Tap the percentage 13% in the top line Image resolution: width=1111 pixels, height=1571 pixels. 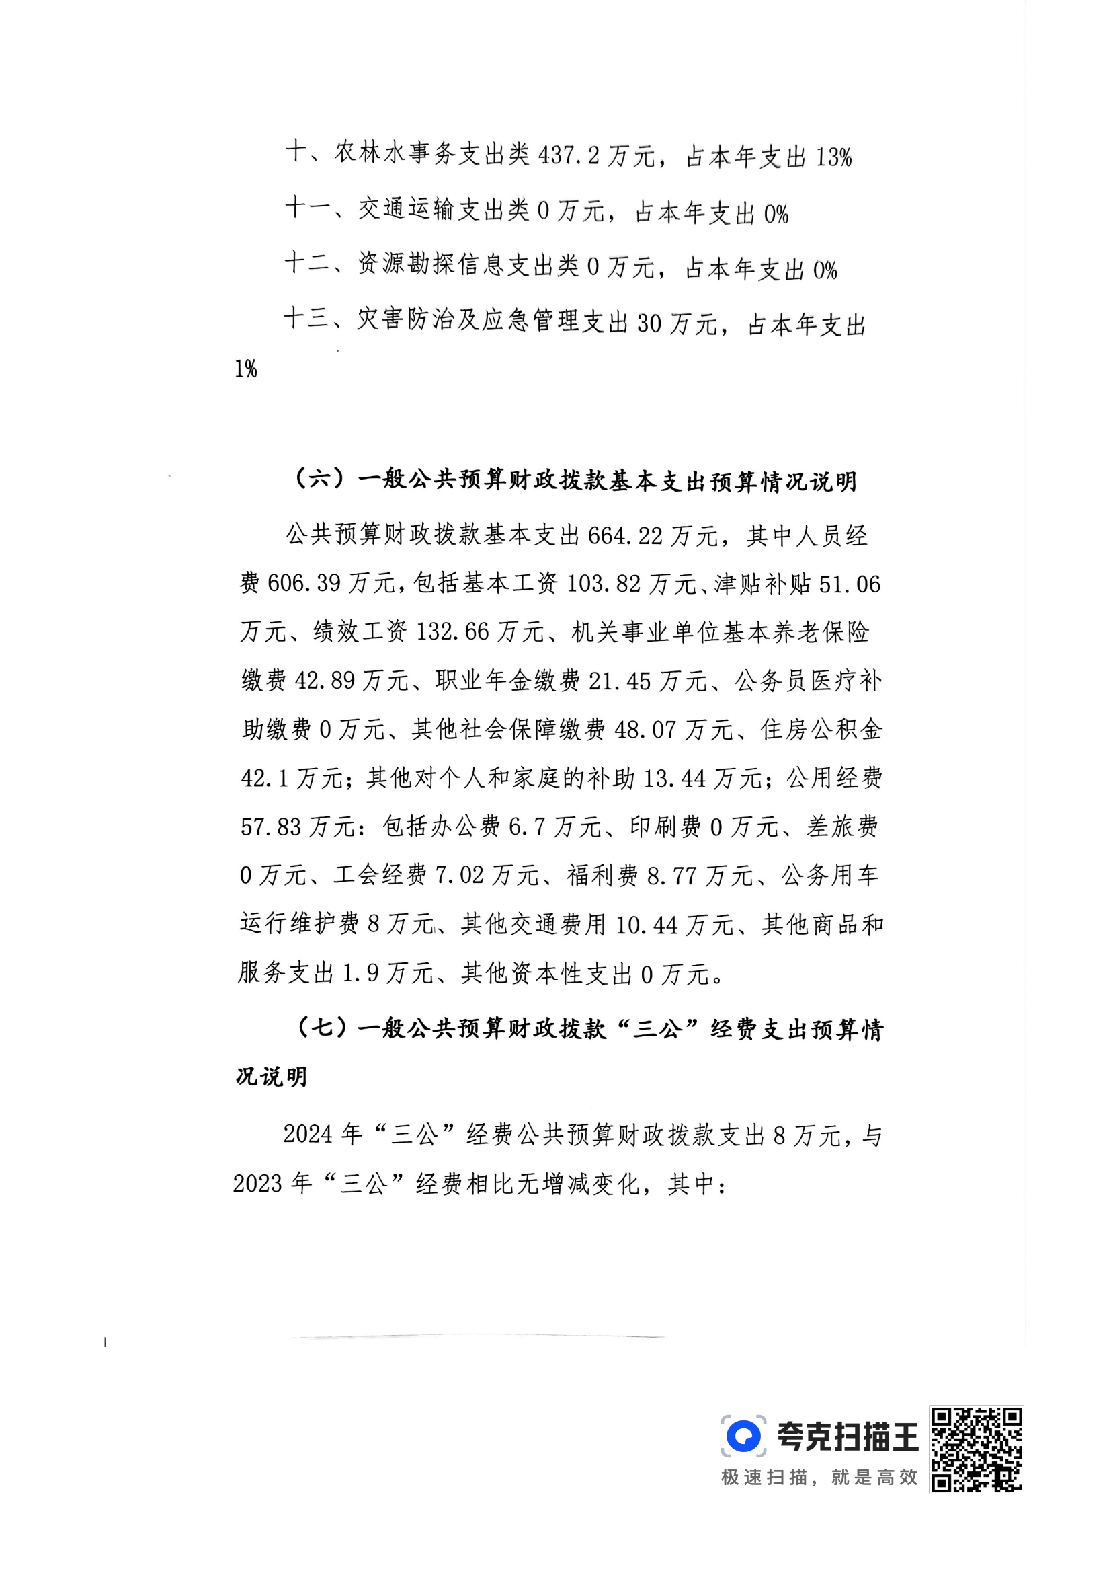click(x=833, y=159)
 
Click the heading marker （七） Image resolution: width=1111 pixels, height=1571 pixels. click(x=319, y=1028)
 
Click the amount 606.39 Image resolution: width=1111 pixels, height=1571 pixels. click(x=304, y=584)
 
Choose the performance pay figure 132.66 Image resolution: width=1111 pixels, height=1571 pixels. click(x=452, y=631)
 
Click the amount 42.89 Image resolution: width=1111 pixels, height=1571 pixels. click(x=324, y=681)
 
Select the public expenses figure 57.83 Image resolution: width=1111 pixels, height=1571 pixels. click(x=270, y=827)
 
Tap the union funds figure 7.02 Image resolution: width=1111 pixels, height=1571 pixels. click(x=459, y=876)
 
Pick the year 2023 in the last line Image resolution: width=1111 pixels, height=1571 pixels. click(x=258, y=1184)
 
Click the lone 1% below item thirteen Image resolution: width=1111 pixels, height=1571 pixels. click(x=245, y=370)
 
